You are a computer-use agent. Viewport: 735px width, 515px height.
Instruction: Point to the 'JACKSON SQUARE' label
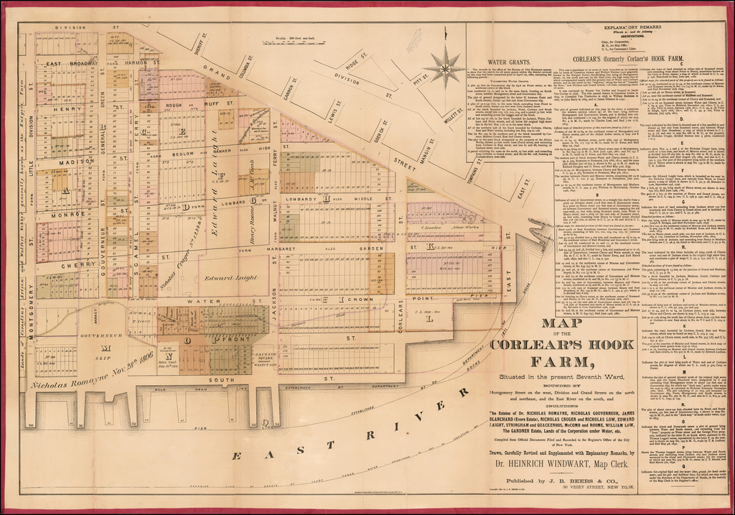266,357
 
